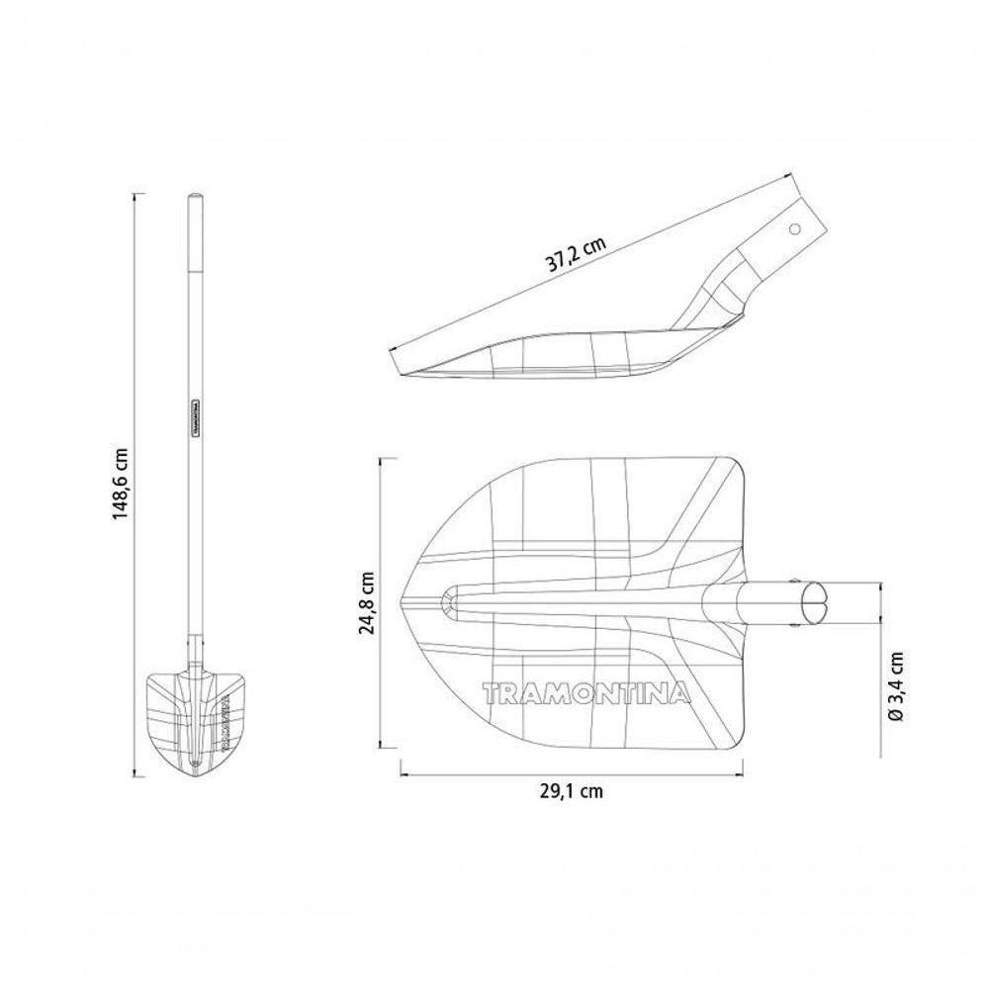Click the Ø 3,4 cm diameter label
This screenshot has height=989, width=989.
896,686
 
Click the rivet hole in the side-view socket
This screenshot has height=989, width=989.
795,228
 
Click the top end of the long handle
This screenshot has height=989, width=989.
195,200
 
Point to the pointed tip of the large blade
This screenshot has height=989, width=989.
402,602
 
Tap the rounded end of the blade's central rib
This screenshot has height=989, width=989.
448,602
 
